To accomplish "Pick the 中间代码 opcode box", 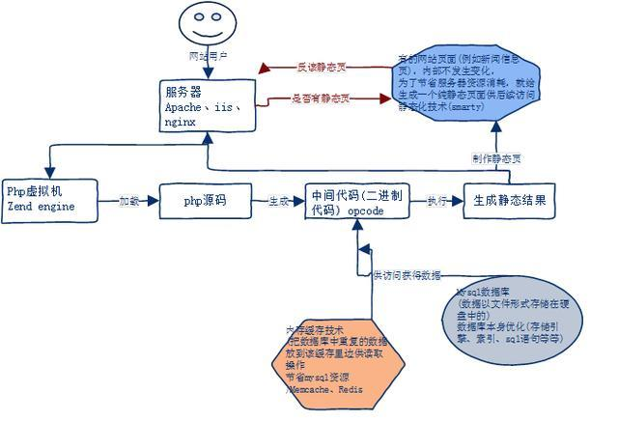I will pos(351,202).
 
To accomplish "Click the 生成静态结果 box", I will pos(511,201).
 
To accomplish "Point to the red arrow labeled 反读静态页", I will pos(309,67).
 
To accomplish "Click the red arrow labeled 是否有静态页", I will pos(309,99).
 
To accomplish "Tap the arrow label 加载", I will pos(130,202).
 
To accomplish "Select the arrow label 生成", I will pos(278,202).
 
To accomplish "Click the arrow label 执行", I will pos(436,202).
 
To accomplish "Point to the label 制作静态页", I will pos(498,157).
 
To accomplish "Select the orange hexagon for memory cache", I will pos(337,358).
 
